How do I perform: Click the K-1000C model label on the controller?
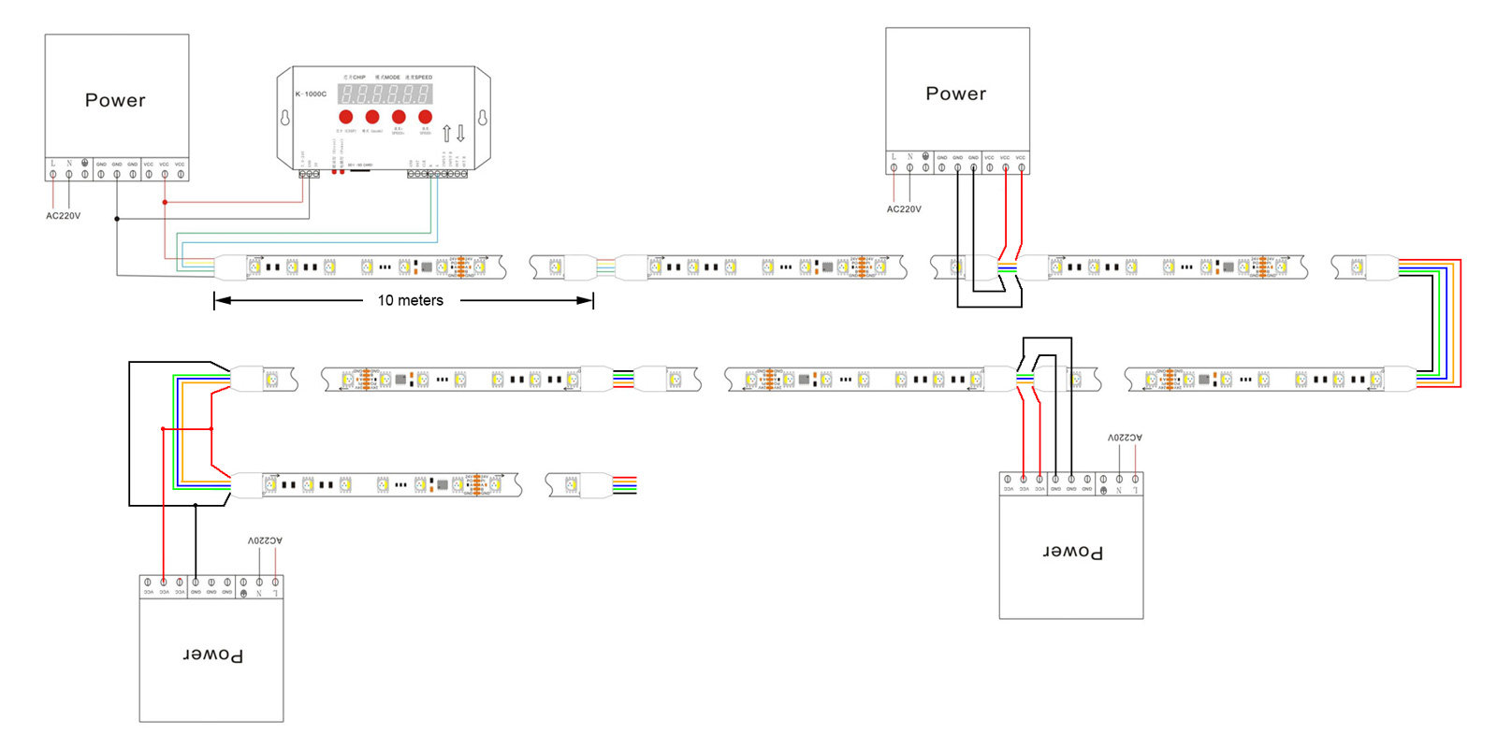click(x=311, y=93)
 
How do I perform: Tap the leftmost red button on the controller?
click(x=345, y=117)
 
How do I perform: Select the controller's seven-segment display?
click(x=385, y=93)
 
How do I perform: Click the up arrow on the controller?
click(x=446, y=133)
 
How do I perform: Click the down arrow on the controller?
click(x=460, y=133)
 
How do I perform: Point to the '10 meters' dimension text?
click(x=410, y=300)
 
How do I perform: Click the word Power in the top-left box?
click(x=115, y=100)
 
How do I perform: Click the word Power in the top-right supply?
click(x=955, y=93)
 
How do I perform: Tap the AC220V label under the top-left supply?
click(x=63, y=216)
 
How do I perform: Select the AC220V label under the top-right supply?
click(x=904, y=209)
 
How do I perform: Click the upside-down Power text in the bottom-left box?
click(x=212, y=654)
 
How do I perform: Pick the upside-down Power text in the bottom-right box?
click(x=1072, y=552)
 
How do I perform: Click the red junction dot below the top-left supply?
click(x=165, y=202)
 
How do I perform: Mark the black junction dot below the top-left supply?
click(x=117, y=219)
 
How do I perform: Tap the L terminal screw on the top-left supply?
click(x=53, y=174)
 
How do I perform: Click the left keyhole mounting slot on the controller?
click(x=284, y=118)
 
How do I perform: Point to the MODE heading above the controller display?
click(x=388, y=78)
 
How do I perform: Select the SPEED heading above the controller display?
click(x=420, y=78)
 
